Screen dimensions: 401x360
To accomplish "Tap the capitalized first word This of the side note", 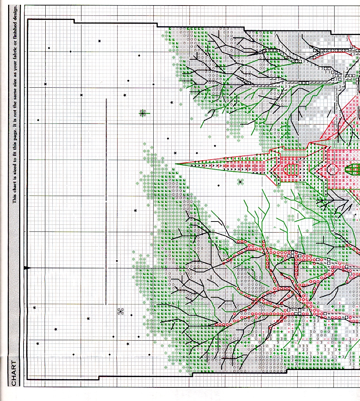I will coord(15,199).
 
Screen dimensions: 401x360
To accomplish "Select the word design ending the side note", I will coord(15,13).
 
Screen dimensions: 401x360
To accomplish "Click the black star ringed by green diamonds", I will coord(240,182).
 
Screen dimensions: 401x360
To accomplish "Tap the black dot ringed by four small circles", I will coord(120,312).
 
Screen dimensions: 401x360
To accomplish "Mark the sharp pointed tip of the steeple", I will coord(176,163).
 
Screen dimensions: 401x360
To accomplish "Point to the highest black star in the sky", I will coord(99,41).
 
